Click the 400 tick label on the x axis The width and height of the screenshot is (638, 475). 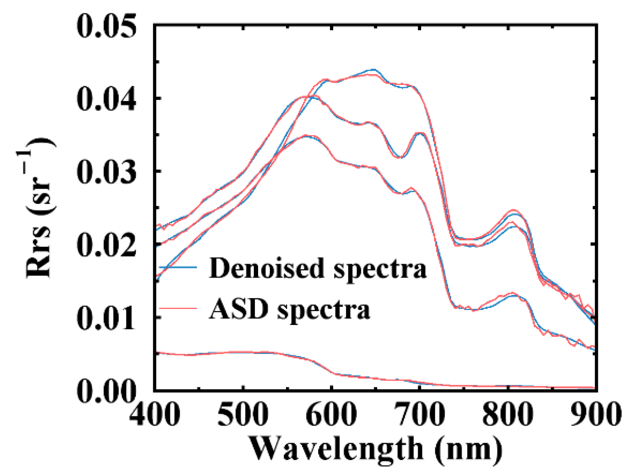coord(155,414)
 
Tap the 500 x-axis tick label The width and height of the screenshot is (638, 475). coord(244,414)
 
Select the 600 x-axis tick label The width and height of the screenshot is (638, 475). coord(332,414)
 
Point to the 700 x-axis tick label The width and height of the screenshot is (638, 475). coord(420,414)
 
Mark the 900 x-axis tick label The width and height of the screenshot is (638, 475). coord(595,414)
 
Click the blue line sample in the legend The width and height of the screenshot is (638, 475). coord(178,267)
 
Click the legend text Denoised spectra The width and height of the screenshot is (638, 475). coord(317,269)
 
